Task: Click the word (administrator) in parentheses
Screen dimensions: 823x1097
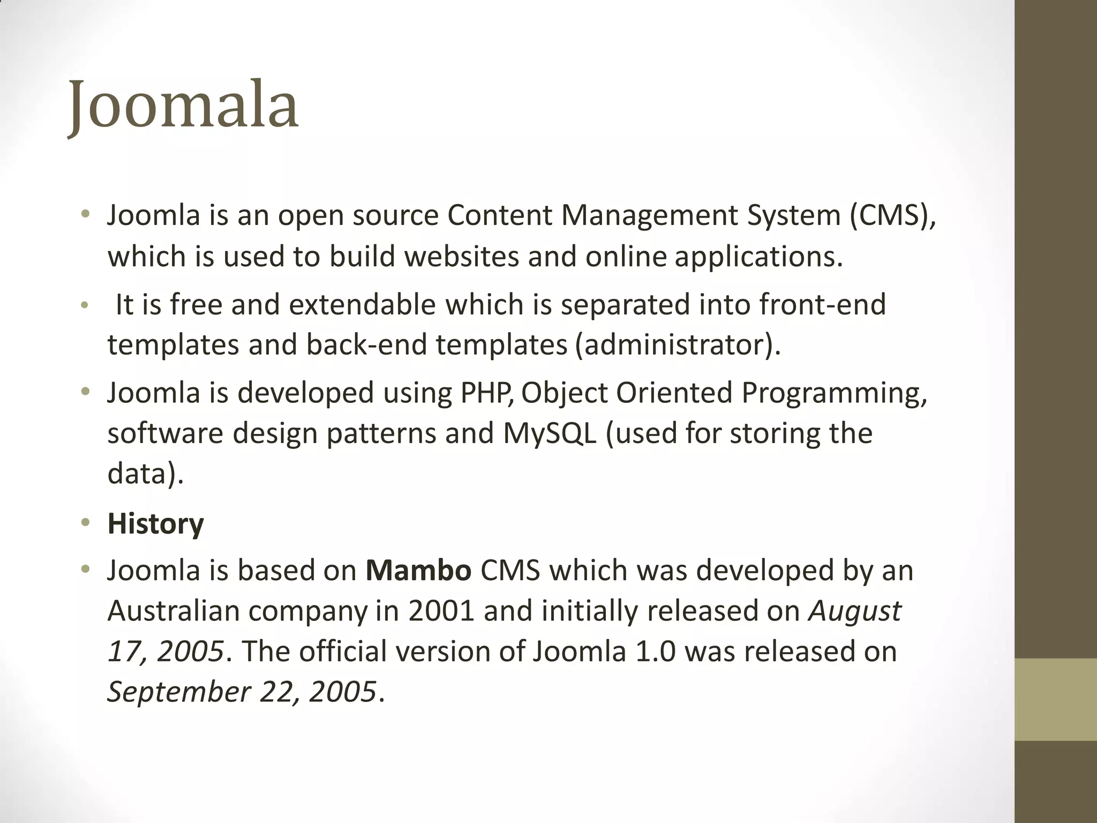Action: coord(677,345)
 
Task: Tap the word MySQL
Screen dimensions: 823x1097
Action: coord(550,433)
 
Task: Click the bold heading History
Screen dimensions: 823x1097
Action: coord(155,523)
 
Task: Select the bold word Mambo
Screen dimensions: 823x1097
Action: coord(418,570)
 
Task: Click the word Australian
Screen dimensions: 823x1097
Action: coord(173,611)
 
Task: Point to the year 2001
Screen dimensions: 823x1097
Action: coord(441,611)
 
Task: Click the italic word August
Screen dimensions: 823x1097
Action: coord(855,611)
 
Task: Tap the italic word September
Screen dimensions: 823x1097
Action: coord(179,691)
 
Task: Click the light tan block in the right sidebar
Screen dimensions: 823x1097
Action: coord(1056,699)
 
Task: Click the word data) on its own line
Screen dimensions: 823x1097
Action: coord(145,474)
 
